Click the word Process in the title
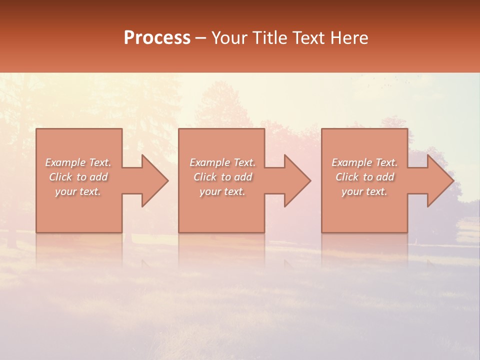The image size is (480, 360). pos(157,38)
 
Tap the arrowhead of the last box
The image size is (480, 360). pos(439,180)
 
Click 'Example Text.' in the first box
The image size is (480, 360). pos(78,162)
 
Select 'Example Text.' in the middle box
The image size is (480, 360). pos(222,162)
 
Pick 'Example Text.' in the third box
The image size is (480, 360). pos(364,162)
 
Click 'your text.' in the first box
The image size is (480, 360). pos(78,191)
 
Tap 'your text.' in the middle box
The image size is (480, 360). pos(222,191)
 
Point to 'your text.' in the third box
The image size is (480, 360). pos(364,191)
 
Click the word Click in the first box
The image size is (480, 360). pos(60,177)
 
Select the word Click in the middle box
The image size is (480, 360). pos(205,177)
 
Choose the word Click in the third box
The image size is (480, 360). pos(347,177)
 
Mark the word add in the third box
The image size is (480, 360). pos(384,177)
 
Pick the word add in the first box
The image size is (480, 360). pos(98,177)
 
